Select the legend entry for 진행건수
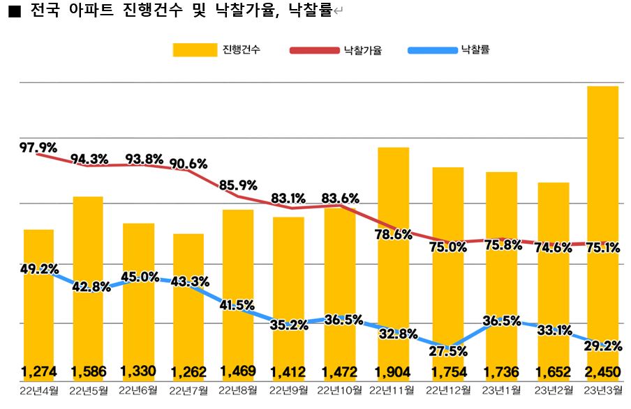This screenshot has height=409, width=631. (x=216, y=50)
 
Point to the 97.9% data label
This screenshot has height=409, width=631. (x=38, y=147)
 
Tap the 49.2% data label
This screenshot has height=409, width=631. (x=39, y=269)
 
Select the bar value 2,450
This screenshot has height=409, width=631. (x=602, y=371)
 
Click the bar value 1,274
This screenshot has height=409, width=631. (x=39, y=371)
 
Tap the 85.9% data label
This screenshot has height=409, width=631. (x=238, y=186)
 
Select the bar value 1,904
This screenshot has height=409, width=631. (x=393, y=371)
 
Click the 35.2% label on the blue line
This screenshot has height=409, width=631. (x=289, y=324)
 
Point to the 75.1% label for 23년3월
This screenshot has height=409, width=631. (x=602, y=247)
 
